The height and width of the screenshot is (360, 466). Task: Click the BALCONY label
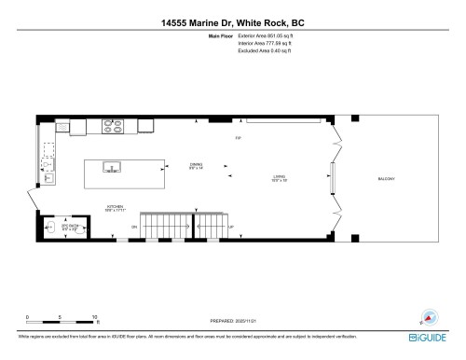point(387,177)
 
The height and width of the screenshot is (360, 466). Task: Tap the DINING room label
point(196,166)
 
